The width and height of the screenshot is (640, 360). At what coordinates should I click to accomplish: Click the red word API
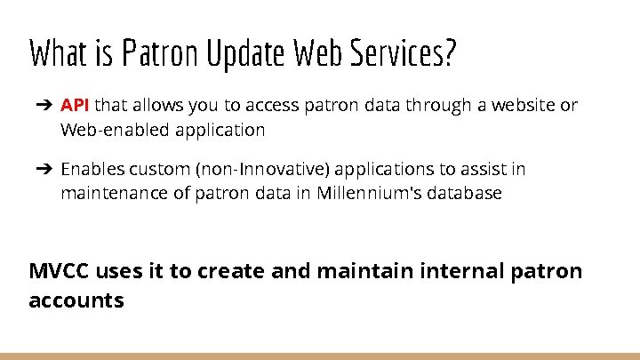tap(76, 106)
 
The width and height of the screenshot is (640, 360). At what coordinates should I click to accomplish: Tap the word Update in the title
tap(244, 54)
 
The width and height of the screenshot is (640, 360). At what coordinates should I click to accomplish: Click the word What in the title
tap(57, 54)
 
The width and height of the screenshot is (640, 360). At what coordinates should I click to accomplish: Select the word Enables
tap(92, 169)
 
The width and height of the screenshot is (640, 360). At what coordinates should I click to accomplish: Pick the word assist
tap(498, 169)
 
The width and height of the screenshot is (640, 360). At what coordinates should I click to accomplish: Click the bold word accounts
tap(76, 300)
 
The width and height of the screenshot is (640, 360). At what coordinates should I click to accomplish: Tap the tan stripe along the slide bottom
tap(320, 356)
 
